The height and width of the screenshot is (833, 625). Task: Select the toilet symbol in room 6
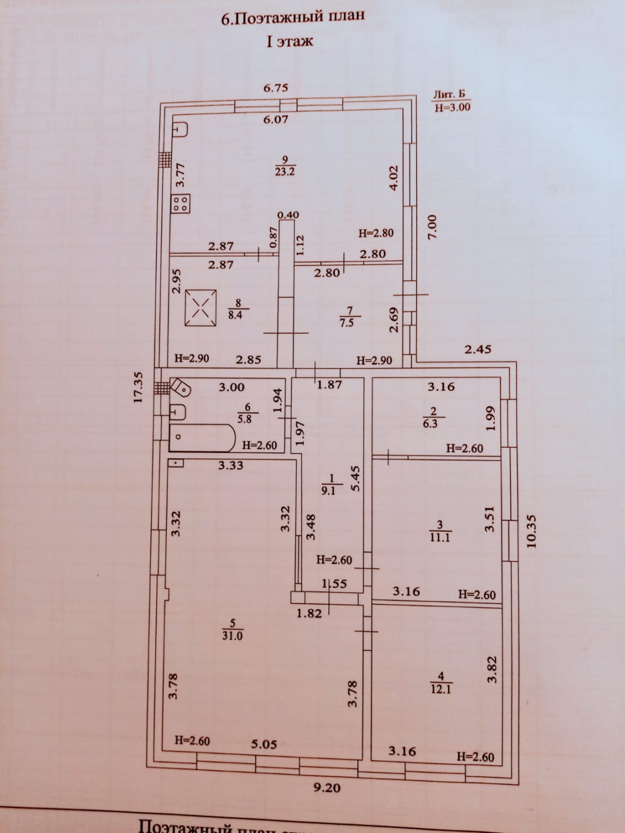(x=180, y=388)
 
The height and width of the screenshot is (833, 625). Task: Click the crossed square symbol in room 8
(x=201, y=308)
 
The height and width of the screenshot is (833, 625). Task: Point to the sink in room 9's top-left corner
(x=180, y=129)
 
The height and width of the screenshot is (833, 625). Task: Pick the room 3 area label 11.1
(x=440, y=531)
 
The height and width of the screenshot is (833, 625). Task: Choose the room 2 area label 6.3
(x=433, y=417)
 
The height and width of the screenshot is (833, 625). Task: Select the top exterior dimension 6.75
(x=276, y=88)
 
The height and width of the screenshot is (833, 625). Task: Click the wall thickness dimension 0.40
(x=288, y=215)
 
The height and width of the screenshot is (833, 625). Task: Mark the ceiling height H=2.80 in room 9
(x=376, y=233)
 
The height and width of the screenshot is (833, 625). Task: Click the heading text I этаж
(x=289, y=41)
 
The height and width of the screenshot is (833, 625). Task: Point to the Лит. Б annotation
(x=449, y=94)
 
